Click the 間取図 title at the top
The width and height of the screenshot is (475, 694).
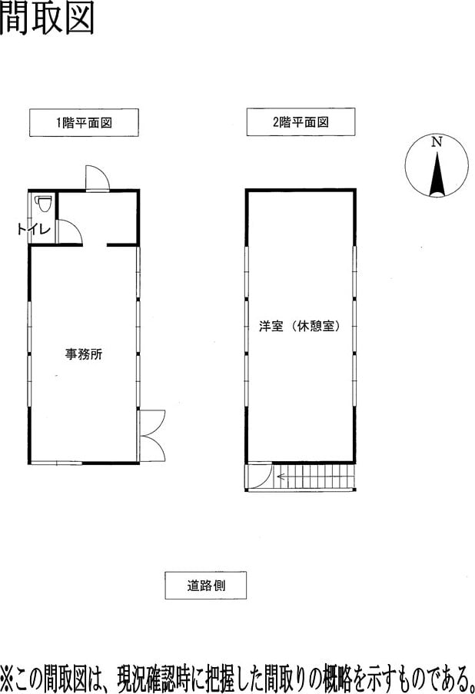(47, 18)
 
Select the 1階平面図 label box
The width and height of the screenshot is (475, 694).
(84, 123)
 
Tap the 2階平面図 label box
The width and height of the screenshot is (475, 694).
(301, 121)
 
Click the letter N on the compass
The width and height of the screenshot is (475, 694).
(437, 142)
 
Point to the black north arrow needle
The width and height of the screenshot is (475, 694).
(437, 174)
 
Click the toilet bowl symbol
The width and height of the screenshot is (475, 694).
(43, 204)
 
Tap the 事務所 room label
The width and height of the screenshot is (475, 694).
(84, 354)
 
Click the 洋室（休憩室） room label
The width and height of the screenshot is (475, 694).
(301, 327)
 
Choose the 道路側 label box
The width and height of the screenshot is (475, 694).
(206, 586)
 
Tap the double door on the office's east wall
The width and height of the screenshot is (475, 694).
(152, 436)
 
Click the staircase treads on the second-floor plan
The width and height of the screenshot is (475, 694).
(314, 477)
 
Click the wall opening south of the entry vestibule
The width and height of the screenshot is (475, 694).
(95, 244)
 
